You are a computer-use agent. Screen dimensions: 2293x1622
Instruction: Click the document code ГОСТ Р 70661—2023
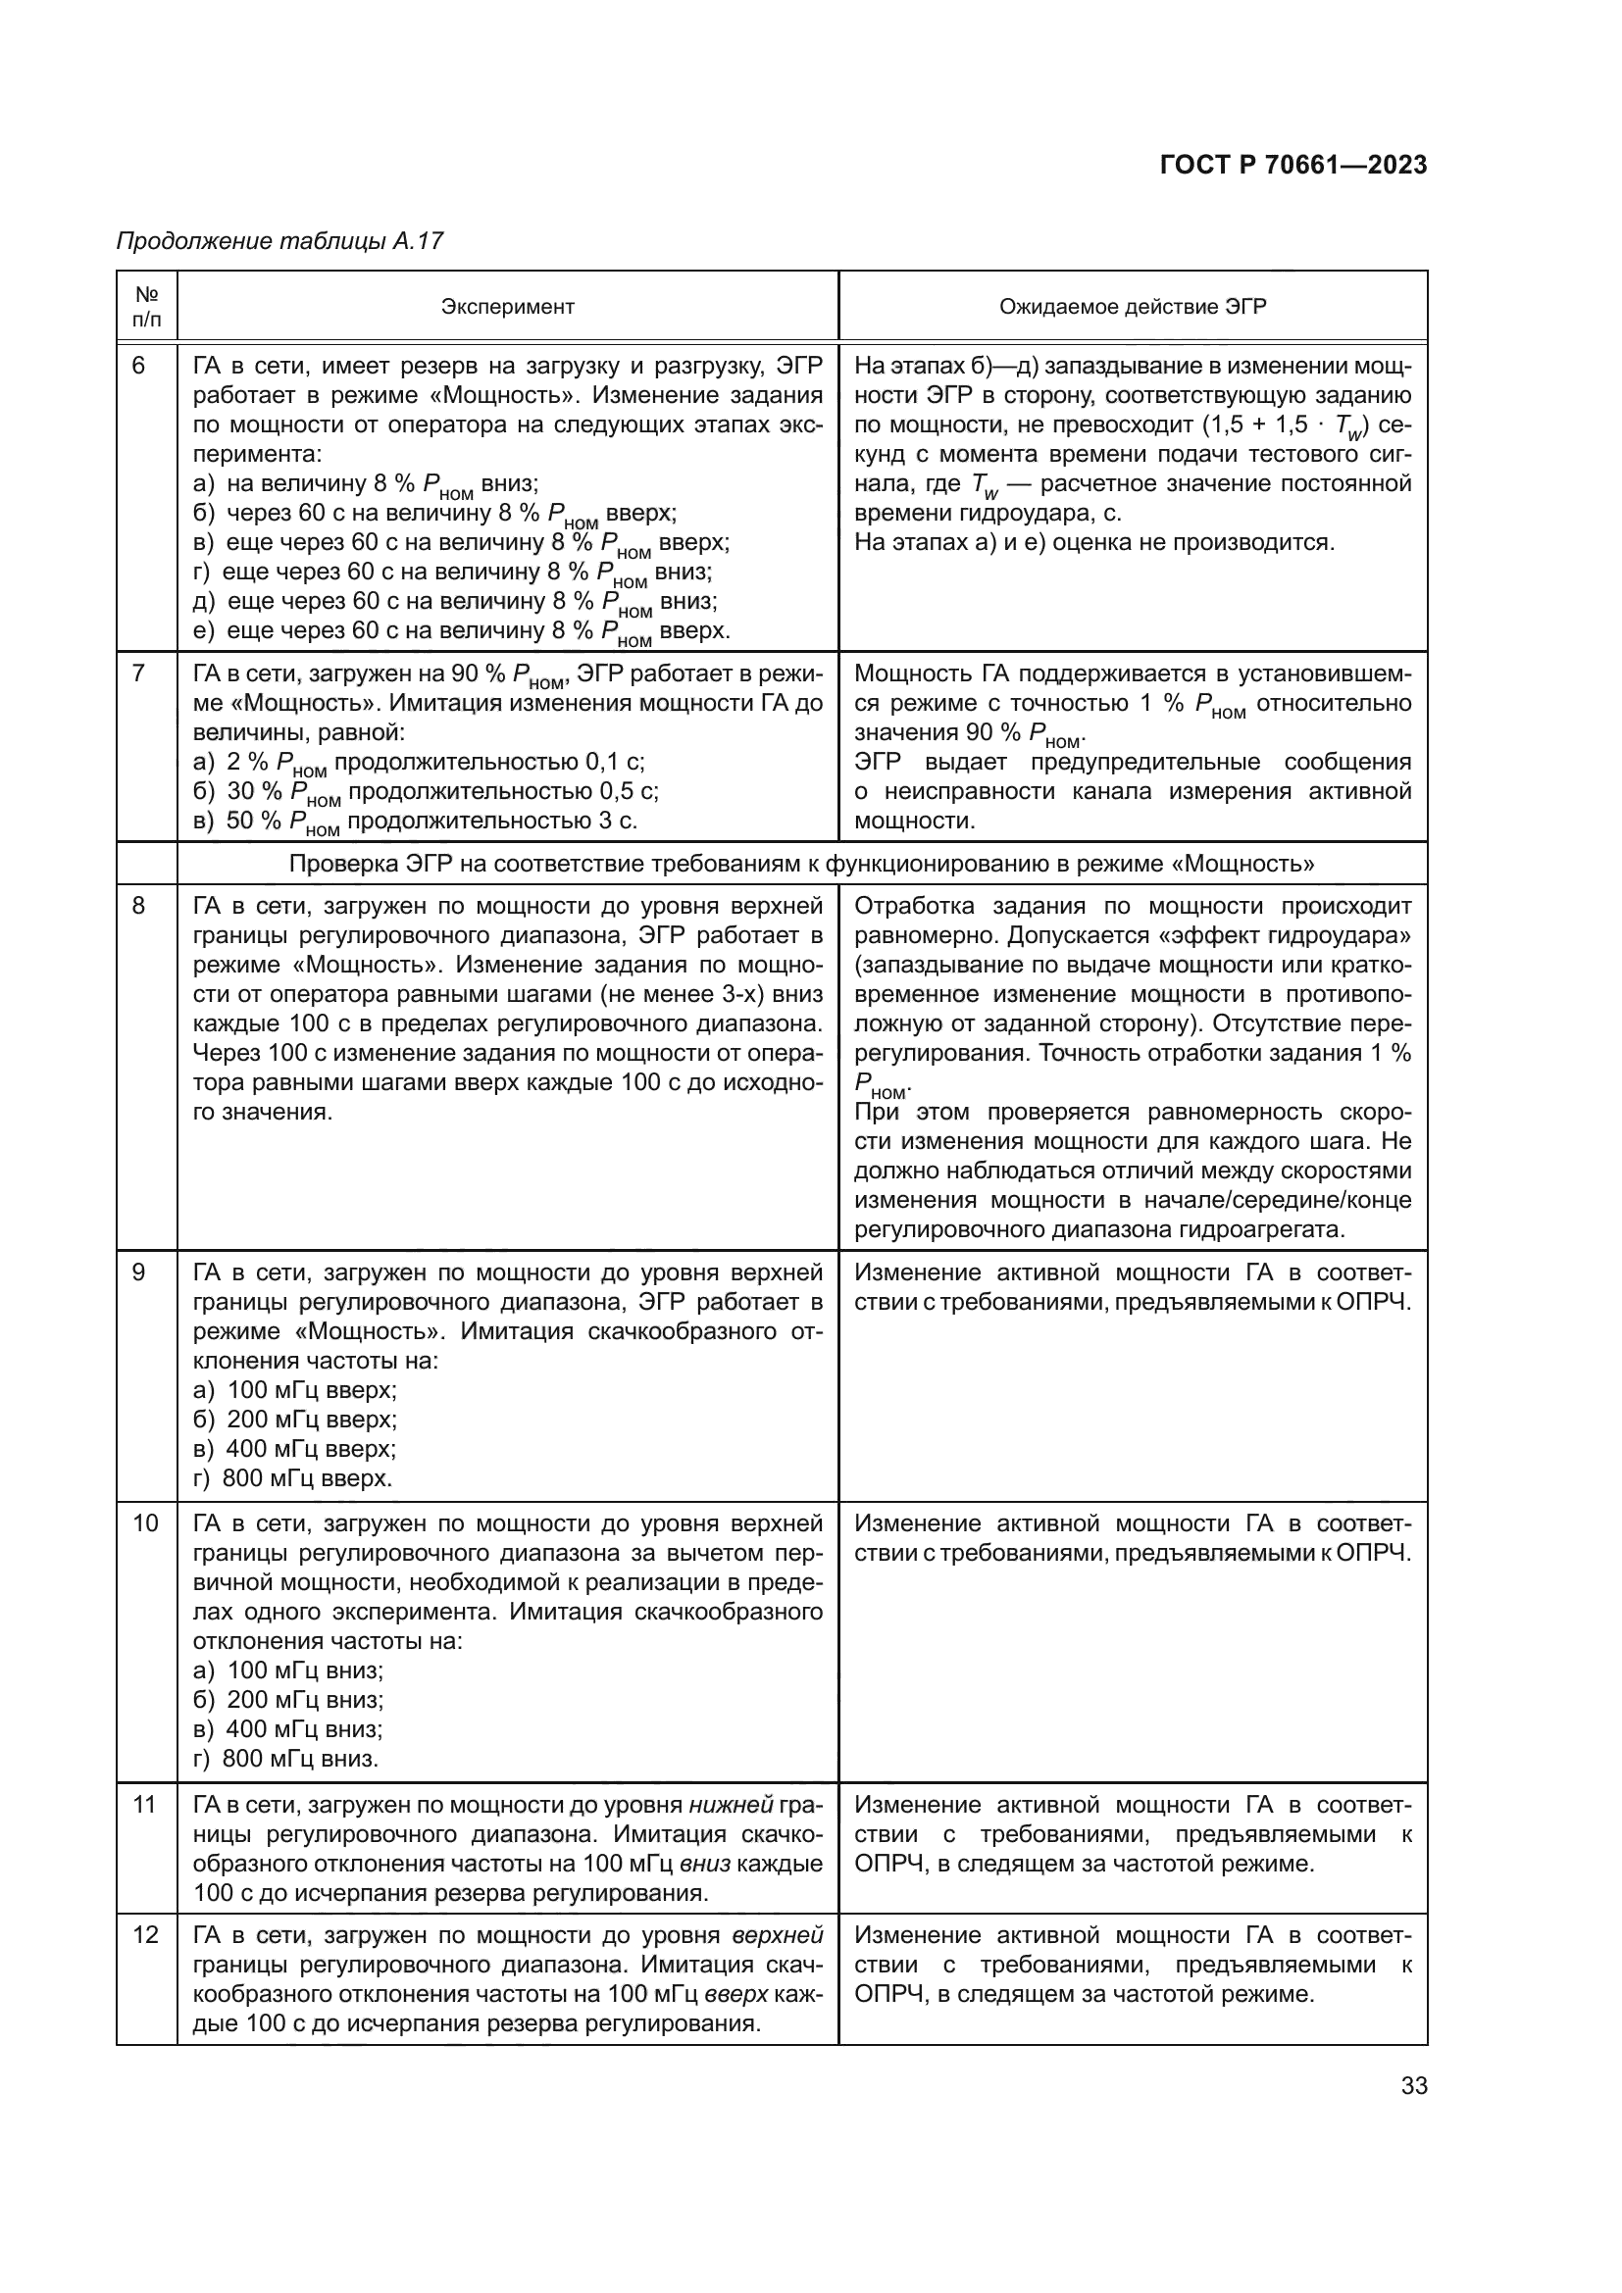[x=1293, y=165]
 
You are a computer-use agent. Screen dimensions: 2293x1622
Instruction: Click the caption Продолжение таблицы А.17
[x=279, y=241]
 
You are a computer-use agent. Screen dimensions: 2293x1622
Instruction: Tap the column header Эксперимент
[x=507, y=307]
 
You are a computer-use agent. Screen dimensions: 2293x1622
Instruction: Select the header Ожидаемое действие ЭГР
[x=1132, y=307]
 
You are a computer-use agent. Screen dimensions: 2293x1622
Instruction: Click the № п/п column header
[x=147, y=307]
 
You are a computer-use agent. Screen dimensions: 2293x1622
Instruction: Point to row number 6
[x=139, y=367]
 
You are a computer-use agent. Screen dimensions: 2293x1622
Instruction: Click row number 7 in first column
[x=139, y=673]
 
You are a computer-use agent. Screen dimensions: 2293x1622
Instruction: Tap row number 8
[x=139, y=906]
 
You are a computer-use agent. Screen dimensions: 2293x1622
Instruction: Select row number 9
[x=139, y=1272]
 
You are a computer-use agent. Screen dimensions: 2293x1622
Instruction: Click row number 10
[x=145, y=1523]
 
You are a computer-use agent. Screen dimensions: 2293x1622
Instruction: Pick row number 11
[x=145, y=1805]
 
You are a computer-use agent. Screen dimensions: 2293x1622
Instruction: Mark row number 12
[x=145, y=1935]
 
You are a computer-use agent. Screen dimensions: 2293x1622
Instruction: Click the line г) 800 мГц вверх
[x=292, y=1478]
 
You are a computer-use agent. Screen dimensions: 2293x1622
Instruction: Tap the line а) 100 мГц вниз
[x=288, y=1670]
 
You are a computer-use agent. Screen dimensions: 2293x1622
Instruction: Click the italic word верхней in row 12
[x=777, y=1935]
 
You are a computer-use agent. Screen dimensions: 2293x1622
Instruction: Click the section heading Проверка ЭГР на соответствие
[x=801, y=864]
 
